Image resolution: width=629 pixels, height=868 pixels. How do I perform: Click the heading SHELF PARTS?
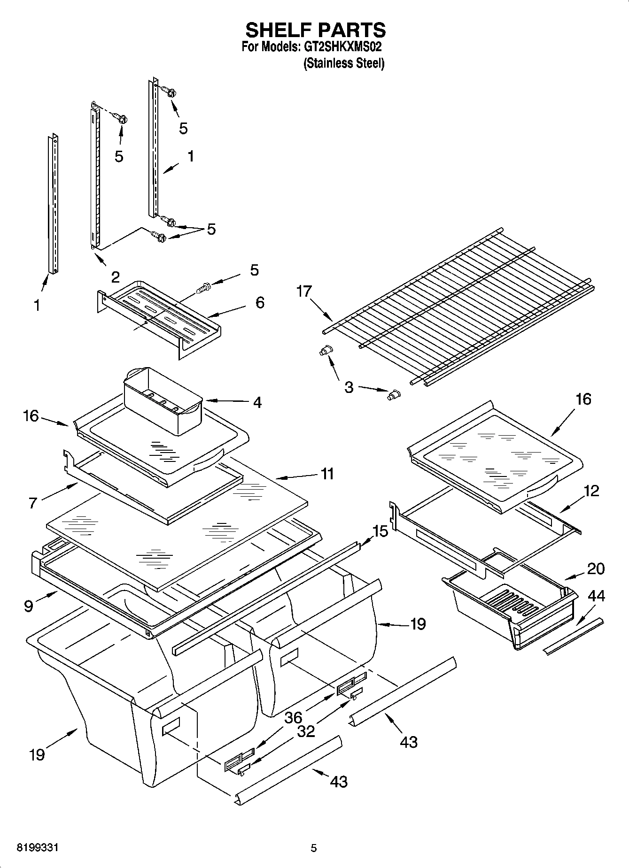pos(315,30)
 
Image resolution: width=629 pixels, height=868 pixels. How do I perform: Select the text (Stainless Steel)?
pos(344,63)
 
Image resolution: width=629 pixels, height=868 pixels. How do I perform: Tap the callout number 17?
pos(304,292)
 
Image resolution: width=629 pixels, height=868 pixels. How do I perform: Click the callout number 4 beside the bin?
pos(257,402)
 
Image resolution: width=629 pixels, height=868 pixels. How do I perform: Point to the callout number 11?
pos(327,474)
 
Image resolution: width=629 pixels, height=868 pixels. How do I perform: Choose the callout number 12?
pos(592,491)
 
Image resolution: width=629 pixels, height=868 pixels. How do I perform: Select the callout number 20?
pos(596,568)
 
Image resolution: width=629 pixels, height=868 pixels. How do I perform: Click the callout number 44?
pos(597,596)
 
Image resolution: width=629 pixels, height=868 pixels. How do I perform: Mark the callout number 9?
pos(29,606)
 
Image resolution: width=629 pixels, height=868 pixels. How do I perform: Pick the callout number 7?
pos(32,503)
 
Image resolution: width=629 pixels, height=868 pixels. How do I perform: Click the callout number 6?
pos(260,302)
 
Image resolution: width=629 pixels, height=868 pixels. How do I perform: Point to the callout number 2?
pos(115,277)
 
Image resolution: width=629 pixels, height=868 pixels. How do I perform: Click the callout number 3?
pos(349,388)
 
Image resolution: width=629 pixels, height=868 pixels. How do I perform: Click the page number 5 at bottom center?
pos(314,848)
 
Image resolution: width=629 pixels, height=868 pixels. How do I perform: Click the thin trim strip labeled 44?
pos(573,636)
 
